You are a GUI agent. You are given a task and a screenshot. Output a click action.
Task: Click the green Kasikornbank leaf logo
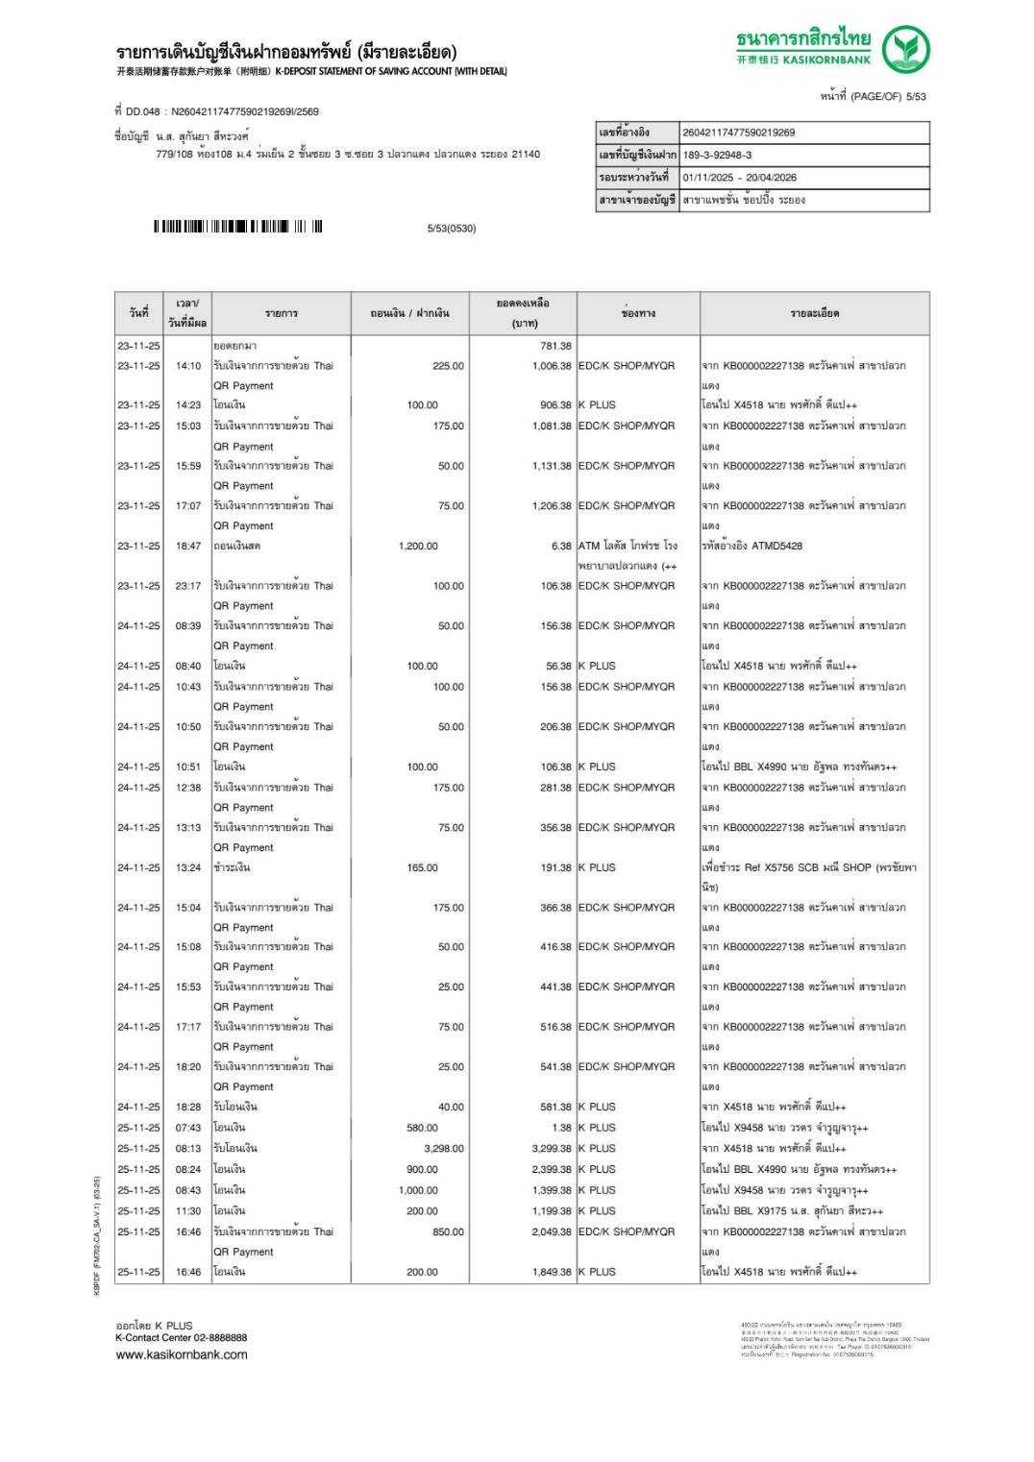[905, 49]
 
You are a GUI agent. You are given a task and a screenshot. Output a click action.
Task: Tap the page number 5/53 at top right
[916, 96]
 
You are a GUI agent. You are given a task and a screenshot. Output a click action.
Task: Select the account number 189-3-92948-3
[717, 155]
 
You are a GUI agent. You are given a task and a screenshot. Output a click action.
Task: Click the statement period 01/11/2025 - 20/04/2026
[739, 177]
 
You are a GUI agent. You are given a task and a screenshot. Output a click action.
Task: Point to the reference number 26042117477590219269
[738, 133]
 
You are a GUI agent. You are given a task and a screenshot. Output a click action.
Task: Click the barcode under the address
[237, 227]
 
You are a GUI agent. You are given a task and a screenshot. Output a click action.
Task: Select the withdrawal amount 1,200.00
[418, 546]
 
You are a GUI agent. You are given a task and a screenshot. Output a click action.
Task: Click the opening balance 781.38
[555, 346]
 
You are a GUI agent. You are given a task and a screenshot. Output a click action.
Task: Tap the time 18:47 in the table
[188, 546]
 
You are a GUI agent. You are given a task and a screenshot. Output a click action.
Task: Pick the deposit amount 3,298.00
[444, 1148]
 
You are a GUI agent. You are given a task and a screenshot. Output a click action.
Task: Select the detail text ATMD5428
[778, 546]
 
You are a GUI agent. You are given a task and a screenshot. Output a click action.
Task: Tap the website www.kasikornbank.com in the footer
[182, 1354]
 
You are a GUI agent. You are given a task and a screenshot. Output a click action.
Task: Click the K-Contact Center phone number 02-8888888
[220, 1337]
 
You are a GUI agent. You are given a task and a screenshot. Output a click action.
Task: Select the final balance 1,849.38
[552, 1272]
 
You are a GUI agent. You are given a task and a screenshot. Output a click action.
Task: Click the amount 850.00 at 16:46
[448, 1231]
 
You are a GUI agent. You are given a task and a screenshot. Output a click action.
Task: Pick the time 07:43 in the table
[188, 1128]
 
